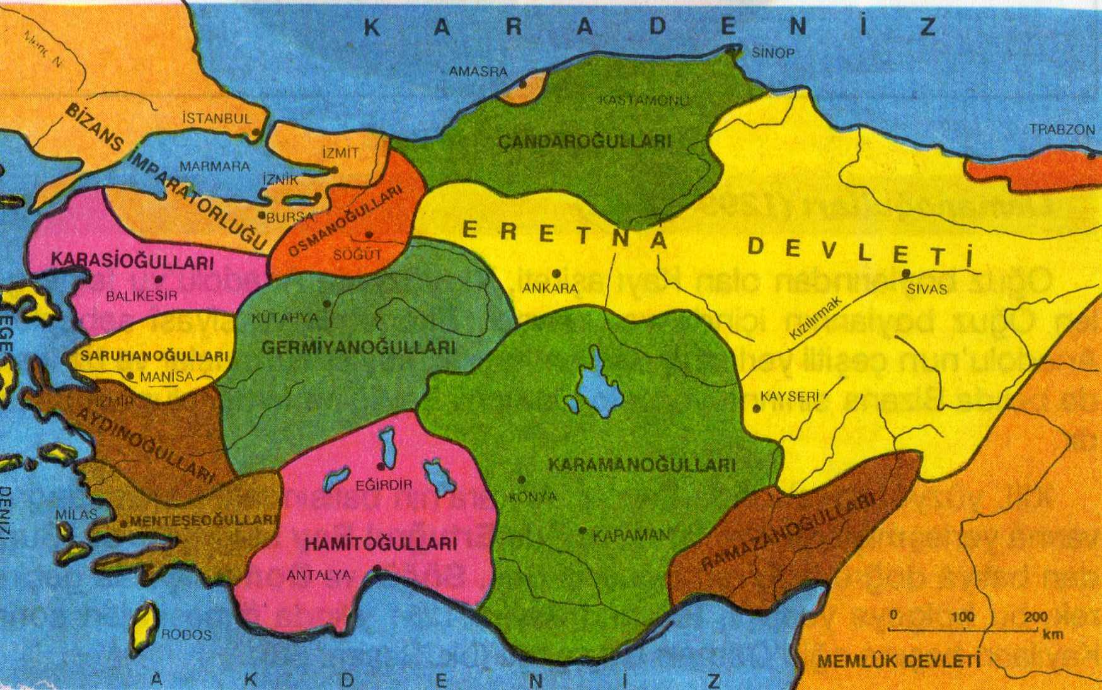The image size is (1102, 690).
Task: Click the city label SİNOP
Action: pyautogui.click(x=773, y=54)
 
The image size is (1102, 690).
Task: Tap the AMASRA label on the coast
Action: pyautogui.click(x=478, y=72)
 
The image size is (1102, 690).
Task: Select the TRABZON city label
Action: pyautogui.click(x=1062, y=129)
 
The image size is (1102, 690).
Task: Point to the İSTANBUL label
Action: pyautogui.click(x=216, y=118)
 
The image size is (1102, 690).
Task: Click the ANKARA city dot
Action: pyautogui.click(x=556, y=274)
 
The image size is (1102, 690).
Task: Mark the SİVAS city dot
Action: pyautogui.click(x=906, y=274)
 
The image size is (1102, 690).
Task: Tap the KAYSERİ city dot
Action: pyautogui.click(x=756, y=409)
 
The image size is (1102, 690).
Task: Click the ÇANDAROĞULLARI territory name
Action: pyautogui.click(x=585, y=141)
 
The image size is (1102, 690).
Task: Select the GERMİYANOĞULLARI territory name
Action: pyautogui.click(x=358, y=348)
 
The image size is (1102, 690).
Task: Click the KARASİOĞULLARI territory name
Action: pyautogui.click(x=132, y=260)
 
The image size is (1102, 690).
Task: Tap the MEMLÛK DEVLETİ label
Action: pyautogui.click(x=899, y=662)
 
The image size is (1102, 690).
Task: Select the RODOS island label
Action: pyautogui.click(x=187, y=634)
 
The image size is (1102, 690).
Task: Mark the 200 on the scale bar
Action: pyautogui.click(x=1035, y=617)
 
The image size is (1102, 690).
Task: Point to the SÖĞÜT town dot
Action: pyautogui.click(x=369, y=235)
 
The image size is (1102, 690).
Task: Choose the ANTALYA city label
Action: pyautogui.click(x=318, y=575)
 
